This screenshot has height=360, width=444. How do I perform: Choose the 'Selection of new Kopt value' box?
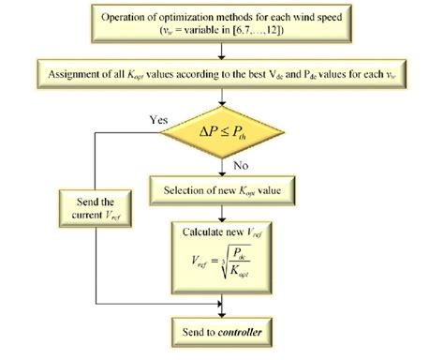coord(221,192)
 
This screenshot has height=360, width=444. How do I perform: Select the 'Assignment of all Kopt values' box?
coord(221,71)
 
